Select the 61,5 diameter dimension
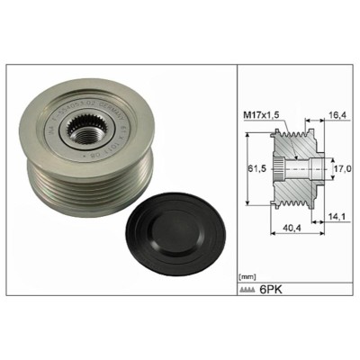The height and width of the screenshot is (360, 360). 257,167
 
